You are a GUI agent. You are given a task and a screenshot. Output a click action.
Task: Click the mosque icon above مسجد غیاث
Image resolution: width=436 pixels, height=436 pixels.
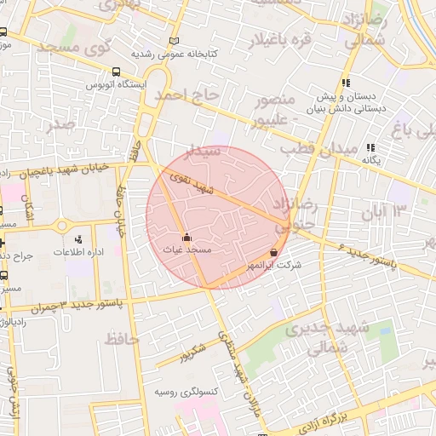point(187,238)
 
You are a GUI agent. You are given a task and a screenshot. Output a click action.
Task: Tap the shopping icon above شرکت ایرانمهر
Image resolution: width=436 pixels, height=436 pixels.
point(273,253)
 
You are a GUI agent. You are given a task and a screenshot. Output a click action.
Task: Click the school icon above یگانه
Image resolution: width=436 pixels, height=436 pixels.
point(370,146)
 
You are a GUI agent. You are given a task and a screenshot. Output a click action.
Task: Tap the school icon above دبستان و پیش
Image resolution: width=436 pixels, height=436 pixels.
point(346,83)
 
